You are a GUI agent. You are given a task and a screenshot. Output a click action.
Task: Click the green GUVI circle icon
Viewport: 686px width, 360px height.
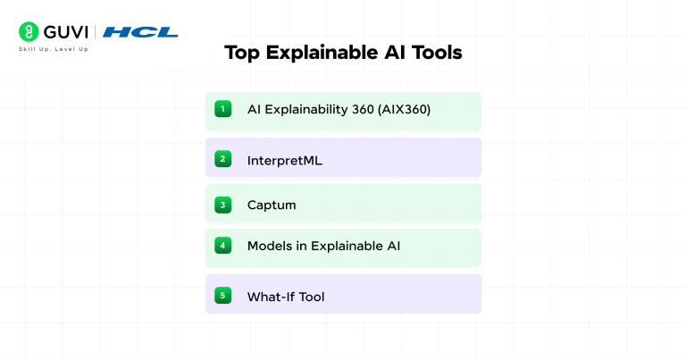coord(29,32)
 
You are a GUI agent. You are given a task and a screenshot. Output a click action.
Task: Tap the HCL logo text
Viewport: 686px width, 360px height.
coord(140,32)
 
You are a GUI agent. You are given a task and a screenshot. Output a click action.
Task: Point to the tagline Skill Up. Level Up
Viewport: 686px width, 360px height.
coord(54,49)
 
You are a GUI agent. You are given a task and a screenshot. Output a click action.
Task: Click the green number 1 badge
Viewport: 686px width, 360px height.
coord(222,109)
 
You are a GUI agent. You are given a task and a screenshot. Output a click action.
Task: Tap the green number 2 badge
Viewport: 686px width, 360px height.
coord(222,159)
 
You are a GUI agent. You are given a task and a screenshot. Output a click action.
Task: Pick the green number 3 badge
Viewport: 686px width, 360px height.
coord(222,205)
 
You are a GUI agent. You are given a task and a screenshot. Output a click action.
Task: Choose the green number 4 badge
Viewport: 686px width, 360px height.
coord(222,245)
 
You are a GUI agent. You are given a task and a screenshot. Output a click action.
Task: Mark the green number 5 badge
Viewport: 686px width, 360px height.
coord(222,296)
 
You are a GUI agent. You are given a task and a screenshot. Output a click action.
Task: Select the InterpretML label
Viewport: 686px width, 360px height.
coord(284,160)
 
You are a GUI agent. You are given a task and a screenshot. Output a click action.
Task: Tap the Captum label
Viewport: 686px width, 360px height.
coord(272,205)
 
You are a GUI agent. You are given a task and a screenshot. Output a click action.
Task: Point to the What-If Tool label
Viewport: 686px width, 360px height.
coord(286,297)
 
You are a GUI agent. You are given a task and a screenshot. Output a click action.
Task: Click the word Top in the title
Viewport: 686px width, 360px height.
coord(240,53)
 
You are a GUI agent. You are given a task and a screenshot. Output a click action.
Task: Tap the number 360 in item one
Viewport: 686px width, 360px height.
coord(364,110)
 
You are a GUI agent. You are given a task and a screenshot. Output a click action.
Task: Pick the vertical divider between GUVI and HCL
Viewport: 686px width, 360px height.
coord(96,32)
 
